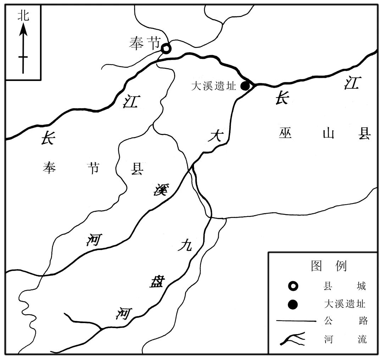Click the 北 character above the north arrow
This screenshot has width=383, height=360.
pos(23,16)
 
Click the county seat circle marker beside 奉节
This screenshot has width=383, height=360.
pos(166,48)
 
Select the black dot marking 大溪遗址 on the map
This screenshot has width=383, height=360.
pos(245,86)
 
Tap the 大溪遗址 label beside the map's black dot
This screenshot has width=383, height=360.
pos(213,86)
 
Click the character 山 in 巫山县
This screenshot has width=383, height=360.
pos(323,134)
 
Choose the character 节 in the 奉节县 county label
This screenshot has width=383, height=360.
pos(93,168)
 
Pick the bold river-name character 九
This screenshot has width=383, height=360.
pos(185,245)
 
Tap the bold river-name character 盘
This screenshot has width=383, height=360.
pos(156,282)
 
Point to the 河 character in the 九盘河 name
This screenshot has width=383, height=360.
pos(124,313)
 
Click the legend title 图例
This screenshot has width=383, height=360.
pos(328,266)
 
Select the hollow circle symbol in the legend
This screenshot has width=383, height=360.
pos(293,286)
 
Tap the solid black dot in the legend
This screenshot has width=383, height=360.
pos(293,304)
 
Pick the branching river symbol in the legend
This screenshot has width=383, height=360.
pos(293,339)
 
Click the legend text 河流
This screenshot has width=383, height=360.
pos(345,339)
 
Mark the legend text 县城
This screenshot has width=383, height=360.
pos(345,286)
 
